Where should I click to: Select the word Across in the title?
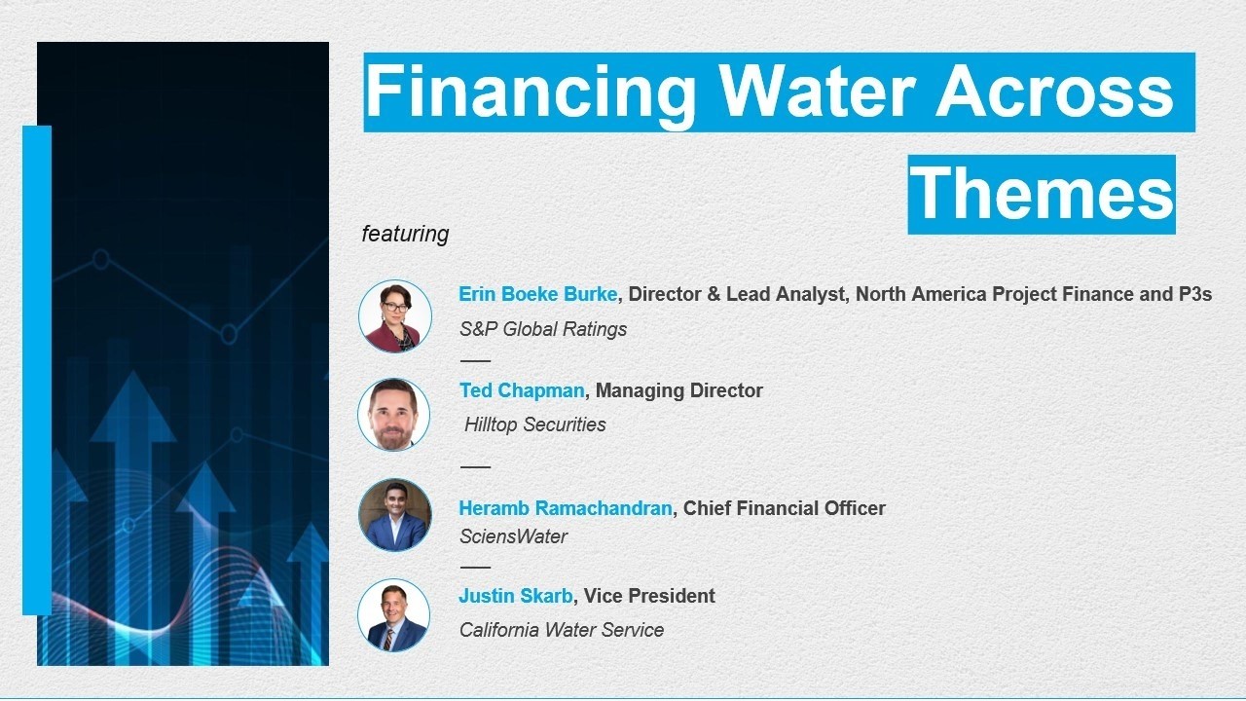(x=1055, y=92)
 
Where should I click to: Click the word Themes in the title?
(x=1042, y=194)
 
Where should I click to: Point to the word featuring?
(x=405, y=235)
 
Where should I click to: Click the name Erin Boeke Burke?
(x=537, y=294)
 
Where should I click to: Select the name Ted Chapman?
(x=522, y=390)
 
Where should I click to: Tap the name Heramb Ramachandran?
(x=565, y=508)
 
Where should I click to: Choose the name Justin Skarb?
(x=516, y=596)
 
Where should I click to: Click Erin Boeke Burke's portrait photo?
(x=394, y=316)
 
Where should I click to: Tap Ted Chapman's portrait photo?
(x=393, y=415)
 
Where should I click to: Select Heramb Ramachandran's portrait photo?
(x=394, y=515)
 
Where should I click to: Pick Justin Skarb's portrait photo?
(x=393, y=615)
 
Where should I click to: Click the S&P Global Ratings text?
(x=543, y=329)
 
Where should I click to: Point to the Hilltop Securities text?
(x=535, y=424)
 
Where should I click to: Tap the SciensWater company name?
(x=513, y=536)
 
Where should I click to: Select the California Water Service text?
(x=562, y=630)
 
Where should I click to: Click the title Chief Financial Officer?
(x=785, y=508)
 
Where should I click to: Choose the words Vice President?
(x=649, y=596)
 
